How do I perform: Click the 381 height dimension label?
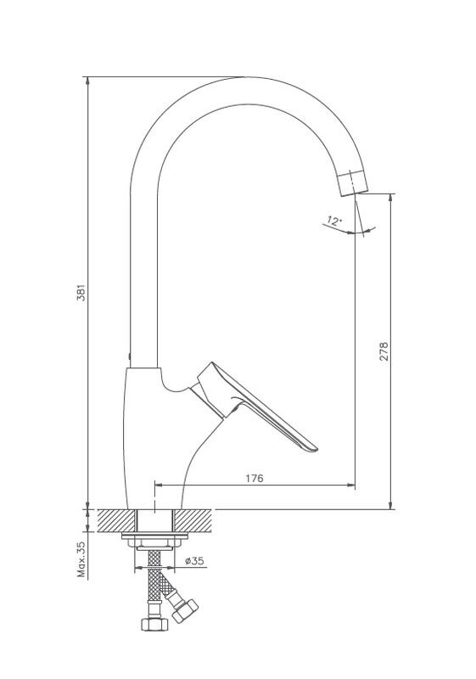(x=81, y=293)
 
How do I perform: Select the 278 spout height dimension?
(x=384, y=351)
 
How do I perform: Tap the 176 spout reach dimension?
(x=255, y=478)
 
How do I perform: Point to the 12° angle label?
(x=333, y=221)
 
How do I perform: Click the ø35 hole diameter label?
(x=194, y=561)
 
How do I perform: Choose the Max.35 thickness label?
(x=81, y=559)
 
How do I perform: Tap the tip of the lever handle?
(x=315, y=449)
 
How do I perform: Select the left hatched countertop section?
(x=116, y=521)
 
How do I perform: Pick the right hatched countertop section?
(x=193, y=521)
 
